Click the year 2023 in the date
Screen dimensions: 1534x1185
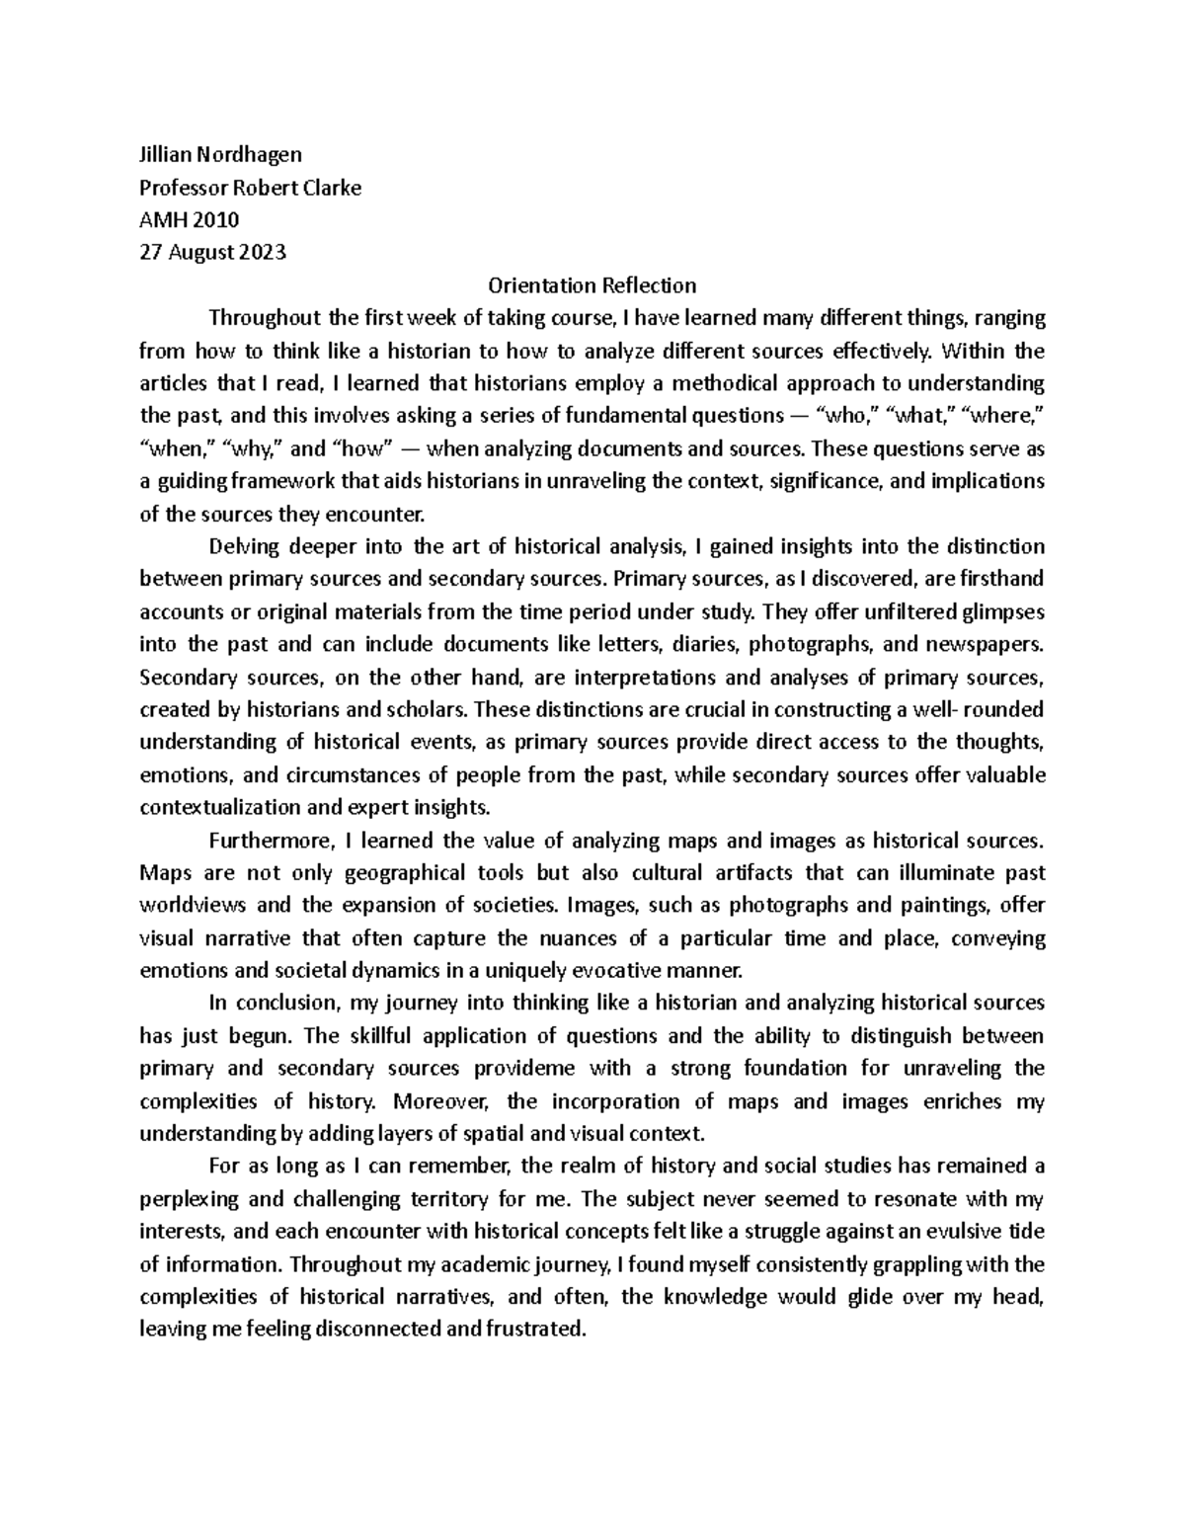coord(264,252)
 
